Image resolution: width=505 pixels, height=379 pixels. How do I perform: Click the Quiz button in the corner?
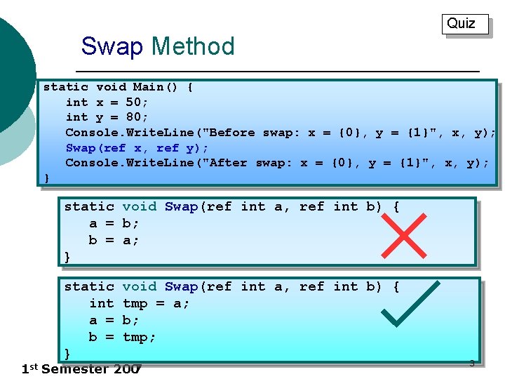click(462, 24)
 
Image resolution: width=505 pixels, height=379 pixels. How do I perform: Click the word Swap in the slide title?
click(112, 46)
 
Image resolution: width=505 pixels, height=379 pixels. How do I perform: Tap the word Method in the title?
click(193, 46)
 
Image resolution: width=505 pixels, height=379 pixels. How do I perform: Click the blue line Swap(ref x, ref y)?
click(137, 147)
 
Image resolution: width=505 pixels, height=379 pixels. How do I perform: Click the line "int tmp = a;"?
click(140, 303)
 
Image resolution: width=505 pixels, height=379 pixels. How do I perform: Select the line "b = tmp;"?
click(122, 337)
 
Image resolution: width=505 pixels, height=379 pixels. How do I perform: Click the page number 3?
click(471, 363)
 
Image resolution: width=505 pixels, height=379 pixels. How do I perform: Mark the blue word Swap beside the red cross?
click(181, 206)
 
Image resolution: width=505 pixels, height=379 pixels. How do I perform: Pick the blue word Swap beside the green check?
click(181, 286)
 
